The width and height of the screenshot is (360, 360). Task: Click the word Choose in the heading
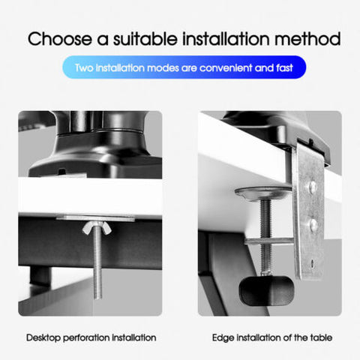(60, 39)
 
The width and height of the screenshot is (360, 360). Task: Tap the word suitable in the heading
(145, 39)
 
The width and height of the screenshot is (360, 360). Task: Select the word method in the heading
(307, 39)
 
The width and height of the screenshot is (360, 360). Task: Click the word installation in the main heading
(226, 39)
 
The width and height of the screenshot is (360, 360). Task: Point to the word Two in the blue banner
(84, 68)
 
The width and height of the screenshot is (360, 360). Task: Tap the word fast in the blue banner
(284, 68)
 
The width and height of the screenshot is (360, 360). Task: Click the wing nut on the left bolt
(97, 228)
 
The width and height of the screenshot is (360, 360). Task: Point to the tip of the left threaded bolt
(97, 298)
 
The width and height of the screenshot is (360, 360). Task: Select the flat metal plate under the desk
(95, 217)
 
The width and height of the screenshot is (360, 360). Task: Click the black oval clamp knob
(266, 291)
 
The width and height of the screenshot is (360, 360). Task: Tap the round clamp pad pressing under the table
(263, 193)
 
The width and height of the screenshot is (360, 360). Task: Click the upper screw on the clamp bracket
(312, 186)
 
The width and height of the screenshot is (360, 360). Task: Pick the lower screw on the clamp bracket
(313, 224)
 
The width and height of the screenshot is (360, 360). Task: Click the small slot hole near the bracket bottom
(312, 263)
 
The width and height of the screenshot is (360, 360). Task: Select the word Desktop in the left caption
(43, 337)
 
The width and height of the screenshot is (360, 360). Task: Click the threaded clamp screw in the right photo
(265, 235)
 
